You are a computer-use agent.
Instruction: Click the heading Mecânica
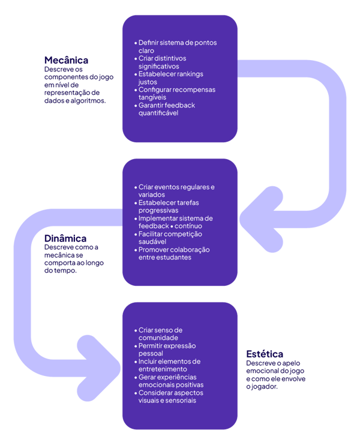(66, 60)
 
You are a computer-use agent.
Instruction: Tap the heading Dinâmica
(65, 238)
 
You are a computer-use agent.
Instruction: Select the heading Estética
(265, 354)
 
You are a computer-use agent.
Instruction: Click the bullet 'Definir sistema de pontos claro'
(177, 47)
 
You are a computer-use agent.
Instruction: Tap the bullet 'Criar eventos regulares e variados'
(176, 191)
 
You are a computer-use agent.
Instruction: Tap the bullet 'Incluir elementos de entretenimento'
(169, 365)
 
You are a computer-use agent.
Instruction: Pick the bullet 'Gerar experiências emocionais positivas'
(171, 381)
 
